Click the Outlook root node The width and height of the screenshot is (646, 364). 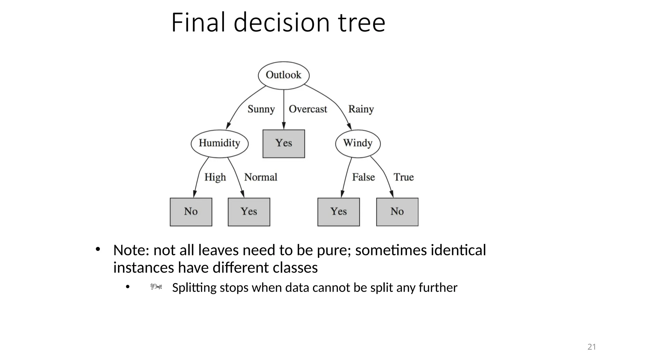coord(284,75)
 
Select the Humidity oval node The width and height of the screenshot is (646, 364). coord(220,143)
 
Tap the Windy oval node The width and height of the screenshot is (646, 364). coord(358,143)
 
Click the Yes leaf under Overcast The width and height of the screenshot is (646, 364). coord(284,143)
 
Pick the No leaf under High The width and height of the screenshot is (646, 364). coord(191,212)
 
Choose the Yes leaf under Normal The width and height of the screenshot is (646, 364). coord(249,212)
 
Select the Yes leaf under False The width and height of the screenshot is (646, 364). coord(338,212)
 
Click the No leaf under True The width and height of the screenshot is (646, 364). coord(397,212)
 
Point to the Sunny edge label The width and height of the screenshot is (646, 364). coord(261,109)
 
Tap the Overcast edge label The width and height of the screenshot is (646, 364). coord(308,109)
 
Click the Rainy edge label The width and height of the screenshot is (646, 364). coord(361,109)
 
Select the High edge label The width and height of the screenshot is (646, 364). coord(215,177)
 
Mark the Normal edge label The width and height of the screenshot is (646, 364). coord(261,177)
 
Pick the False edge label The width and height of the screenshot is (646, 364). coord(363,177)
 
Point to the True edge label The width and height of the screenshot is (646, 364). coord(403,177)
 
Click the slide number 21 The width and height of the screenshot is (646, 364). coord(591,347)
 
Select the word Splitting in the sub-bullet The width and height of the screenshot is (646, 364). coord(194,288)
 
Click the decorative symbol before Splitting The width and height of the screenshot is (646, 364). coord(156,287)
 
